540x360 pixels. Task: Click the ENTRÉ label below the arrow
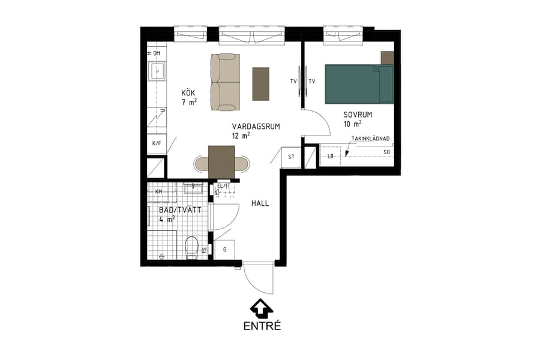click(262, 326)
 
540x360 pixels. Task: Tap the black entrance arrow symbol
click(261, 308)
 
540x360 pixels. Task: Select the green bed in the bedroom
click(359, 84)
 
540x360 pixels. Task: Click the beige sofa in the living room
click(225, 82)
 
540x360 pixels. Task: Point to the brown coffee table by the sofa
click(261, 83)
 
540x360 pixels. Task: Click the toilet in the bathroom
click(192, 247)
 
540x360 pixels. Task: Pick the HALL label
click(260, 203)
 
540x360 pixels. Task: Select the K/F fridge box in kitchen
click(157, 144)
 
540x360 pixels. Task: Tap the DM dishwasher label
click(156, 54)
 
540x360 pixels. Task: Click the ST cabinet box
click(292, 157)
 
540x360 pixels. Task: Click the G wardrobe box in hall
click(224, 249)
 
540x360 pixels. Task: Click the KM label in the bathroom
click(159, 191)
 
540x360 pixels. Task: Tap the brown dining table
click(221, 162)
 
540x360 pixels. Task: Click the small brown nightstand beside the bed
click(387, 58)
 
